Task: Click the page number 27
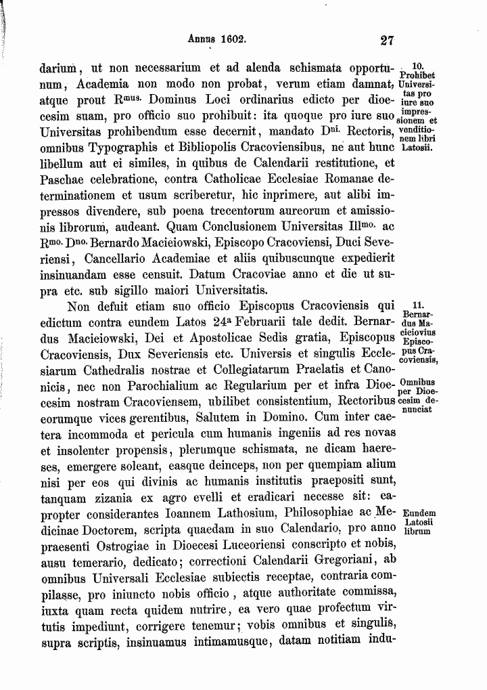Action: pos(387,40)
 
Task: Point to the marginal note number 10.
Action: pos(417,64)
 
